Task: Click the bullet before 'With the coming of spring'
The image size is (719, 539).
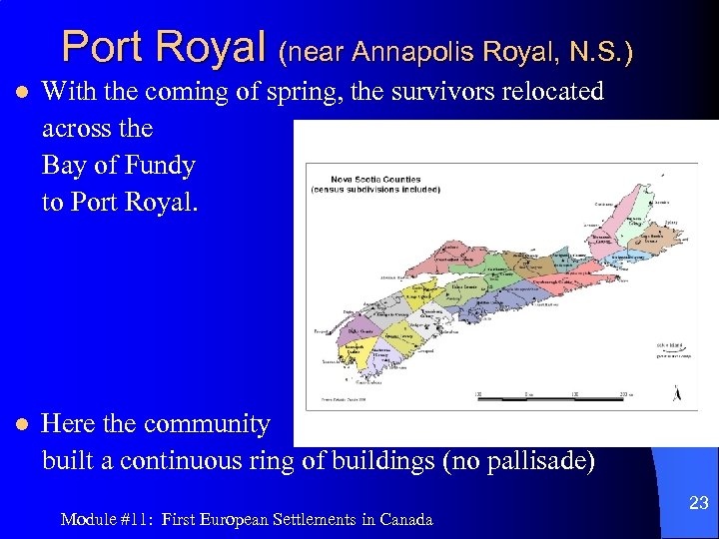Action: point(19,93)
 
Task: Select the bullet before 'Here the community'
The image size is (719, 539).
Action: point(19,425)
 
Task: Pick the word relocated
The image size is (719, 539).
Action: point(554,92)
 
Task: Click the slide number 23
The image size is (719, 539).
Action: point(699,504)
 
